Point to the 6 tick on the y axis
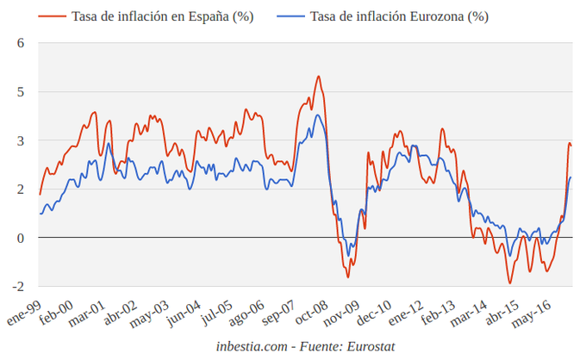tap(22, 43)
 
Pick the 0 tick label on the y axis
tap(22, 238)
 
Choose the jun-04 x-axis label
tap(184, 312)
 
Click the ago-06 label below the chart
tap(246, 312)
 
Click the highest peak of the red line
tap(318, 76)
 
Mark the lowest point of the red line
tap(509, 282)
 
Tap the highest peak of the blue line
tap(318, 115)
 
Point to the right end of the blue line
tap(570, 177)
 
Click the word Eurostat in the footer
tap(367, 346)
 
